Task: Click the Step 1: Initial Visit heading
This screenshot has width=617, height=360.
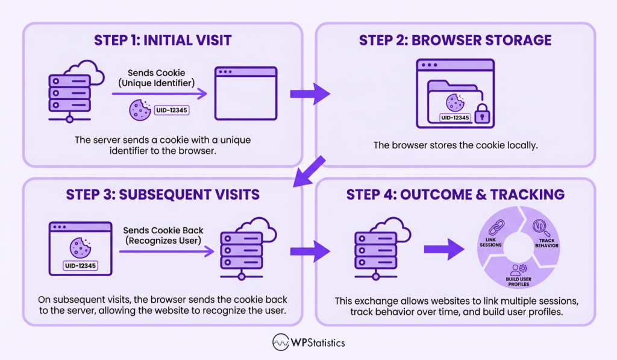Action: [x=163, y=40]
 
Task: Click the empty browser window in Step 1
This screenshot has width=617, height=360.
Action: [x=246, y=93]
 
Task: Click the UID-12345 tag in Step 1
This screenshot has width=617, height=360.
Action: [x=172, y=110]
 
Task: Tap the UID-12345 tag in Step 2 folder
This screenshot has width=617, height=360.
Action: [x=455, y=118]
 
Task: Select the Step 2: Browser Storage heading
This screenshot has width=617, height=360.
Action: [x=455, y=40]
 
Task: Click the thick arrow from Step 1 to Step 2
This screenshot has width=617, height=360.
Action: [x=310, y=93]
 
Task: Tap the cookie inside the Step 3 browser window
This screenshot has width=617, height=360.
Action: [x=80, y=247]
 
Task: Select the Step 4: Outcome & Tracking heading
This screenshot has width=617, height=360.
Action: [x=455, y=195]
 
